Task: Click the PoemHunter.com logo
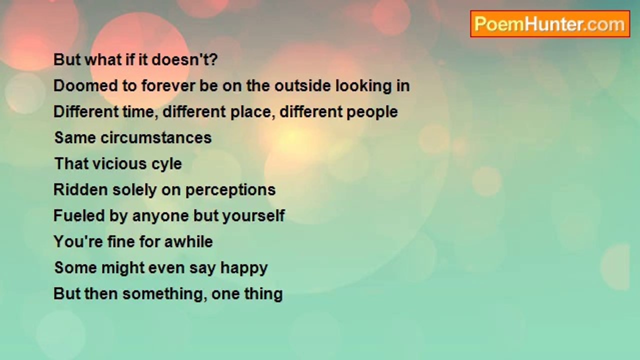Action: pyautogui.click(x=550, y=24)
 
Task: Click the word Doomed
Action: pyautogui.click(x=85, y=85)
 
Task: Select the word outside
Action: pyautogui.click(x=302, y=85)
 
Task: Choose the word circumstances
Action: pyautogui.click(x=156, y=137)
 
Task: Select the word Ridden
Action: pyautogui.click(x=81, y=189)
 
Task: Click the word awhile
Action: pyautogui.click(x=188, y=241)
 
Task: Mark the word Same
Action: pyautogui.click(x=75, y=137)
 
